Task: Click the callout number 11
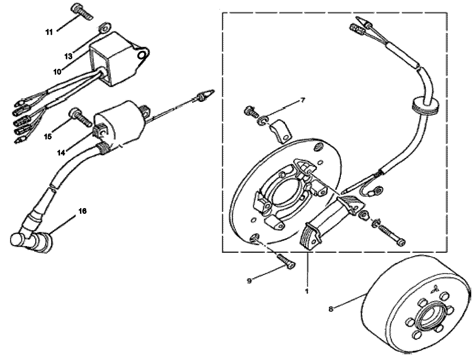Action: [49, 32]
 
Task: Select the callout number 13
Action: [69, 56]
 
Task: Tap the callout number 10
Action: [58, 72]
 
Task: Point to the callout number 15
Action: [48, 137]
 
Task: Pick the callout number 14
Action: [61, 153]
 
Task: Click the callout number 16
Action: [82, 210]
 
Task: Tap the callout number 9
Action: [249, 281]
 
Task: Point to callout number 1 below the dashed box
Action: [307, 291]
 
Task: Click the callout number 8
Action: [331, 309]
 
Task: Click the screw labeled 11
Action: [82, 12]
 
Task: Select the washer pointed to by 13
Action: [104, 27]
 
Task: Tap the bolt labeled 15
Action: [80, 118]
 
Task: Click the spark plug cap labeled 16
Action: [31, 239]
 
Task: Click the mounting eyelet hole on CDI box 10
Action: [142, 56]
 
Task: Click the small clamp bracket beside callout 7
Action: [280, 130]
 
